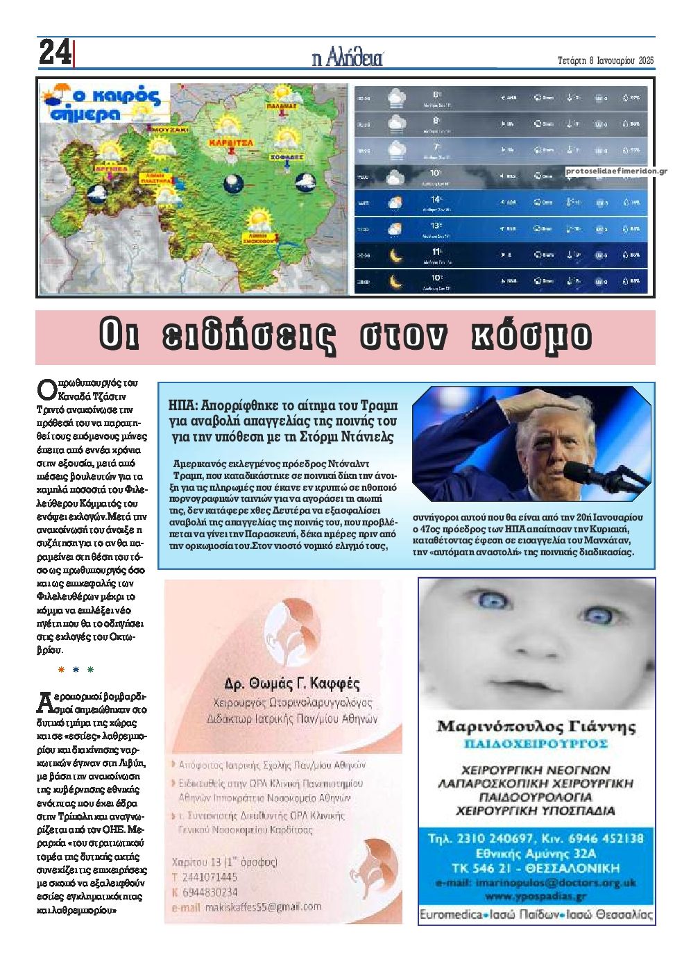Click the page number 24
(54, 53)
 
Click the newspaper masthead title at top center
(348, 58)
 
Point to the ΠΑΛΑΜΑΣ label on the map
(280, 107)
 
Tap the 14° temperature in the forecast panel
(436, 200)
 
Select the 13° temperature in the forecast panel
(436, 226)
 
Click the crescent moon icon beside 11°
(395, 256)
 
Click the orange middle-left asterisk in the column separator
(60, 670)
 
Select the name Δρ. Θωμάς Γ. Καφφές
(292, 683)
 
